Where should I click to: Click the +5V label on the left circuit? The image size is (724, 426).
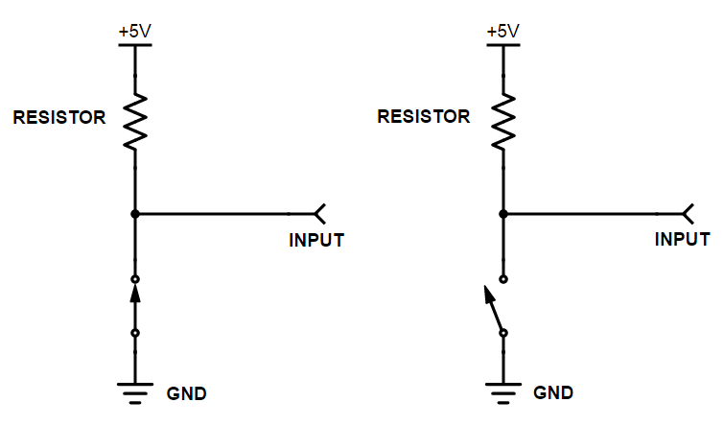coord(135,32)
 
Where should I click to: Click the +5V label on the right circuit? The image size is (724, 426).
coord(502,32)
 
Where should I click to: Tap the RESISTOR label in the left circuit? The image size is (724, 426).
coord(59,117)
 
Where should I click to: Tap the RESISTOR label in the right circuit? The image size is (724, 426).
coord(424,116)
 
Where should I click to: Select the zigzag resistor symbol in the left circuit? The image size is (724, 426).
coord(135,122)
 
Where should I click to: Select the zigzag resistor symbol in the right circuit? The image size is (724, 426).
coord(503,122)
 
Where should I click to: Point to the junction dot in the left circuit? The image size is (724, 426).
coord(135,214)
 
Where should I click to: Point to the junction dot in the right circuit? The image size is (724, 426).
coord(503,214)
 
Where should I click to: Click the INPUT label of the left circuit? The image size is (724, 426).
coord(316,240)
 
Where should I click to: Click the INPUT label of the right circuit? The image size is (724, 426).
coord(683,239)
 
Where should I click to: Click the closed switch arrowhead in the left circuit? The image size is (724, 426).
coord(135,294)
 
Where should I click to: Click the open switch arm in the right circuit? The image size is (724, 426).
coord(493,308)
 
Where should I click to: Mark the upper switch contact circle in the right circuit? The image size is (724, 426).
coord(503,279)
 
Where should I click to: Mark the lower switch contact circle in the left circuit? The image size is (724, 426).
coord(135,333)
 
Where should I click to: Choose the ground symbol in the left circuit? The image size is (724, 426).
coord(135,392)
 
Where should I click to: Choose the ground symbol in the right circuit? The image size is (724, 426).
coord(503,392)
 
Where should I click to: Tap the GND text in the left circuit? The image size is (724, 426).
coord(186,393)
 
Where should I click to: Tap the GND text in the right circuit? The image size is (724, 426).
coord(553,392)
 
